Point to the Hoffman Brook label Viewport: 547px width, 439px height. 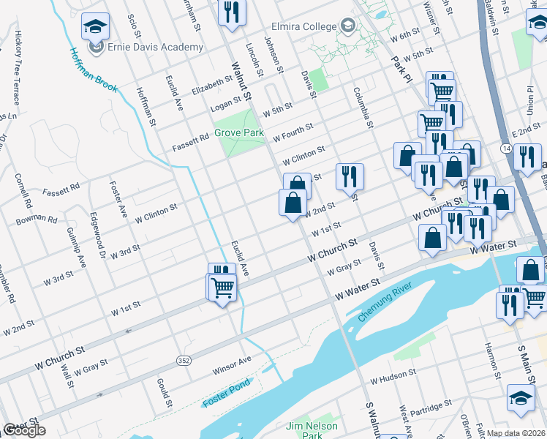point(93,70)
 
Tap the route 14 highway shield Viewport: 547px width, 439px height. point(507,148)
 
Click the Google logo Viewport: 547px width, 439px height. point(24,430)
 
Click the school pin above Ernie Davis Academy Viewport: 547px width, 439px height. point(95,28)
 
